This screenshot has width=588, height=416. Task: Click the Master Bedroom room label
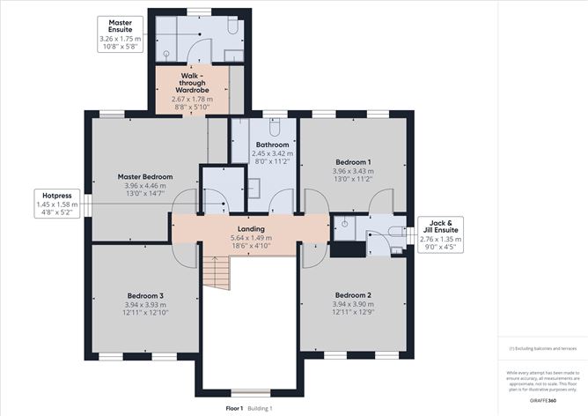point(145,176)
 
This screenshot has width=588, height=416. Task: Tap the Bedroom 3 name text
point(145,294)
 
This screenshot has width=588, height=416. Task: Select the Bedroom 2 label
point(353,294)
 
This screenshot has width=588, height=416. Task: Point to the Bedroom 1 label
point(353,161)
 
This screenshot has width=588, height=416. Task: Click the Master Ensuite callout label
point(120,33)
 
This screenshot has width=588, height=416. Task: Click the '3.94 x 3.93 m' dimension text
point(145,304)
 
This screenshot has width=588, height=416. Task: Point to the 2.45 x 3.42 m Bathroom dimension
point(273,153)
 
